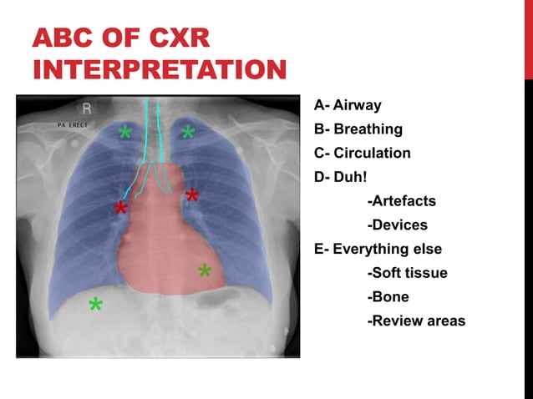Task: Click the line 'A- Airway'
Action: coord(348,105)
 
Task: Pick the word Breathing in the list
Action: coord(368,129)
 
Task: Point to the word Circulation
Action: coord(372,154)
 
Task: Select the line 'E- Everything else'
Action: coord(378,249)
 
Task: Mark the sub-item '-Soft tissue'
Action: coord(407,273)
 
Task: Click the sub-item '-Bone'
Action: coord(388,297)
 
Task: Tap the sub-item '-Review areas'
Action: coord(416,321)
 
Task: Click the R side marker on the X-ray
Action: coord(87,109)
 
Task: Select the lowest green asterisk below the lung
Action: coord(96,306)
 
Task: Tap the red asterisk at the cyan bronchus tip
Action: coord(121,209)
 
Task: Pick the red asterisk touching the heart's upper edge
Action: coord(192,197)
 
